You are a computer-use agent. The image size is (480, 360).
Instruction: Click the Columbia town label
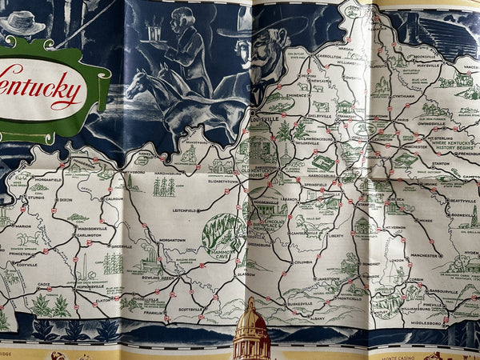[303, 262]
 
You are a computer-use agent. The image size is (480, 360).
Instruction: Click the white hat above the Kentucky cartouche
[22, 22]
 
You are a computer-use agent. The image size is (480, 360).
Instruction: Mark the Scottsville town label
[190, 309]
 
